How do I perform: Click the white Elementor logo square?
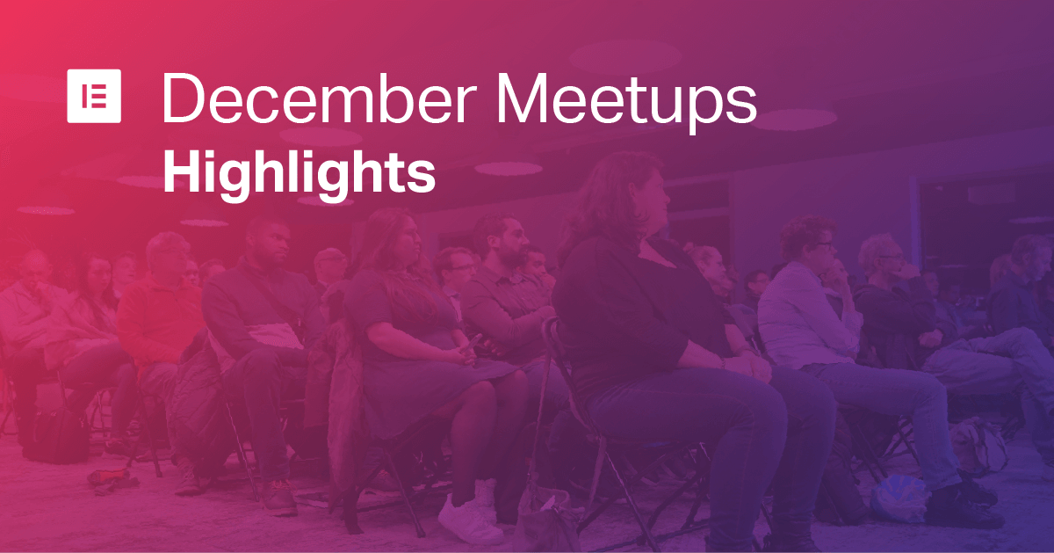[x=94, y=96]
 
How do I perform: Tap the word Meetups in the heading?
[x=626, y=104]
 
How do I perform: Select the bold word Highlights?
[x=300, y=175]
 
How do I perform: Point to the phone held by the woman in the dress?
[x=471, y=344]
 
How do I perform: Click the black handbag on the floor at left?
[x=57, y=436]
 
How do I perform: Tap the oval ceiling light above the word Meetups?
[x=625, y=57]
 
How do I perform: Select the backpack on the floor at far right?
[x=978, y=447]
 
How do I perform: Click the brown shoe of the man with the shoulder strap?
[x=279, y=498]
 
